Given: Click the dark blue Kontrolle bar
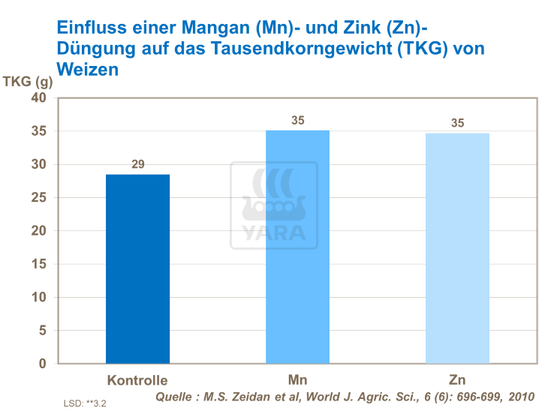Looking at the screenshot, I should click(137, 268).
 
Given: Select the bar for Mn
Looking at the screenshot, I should click(297, 247).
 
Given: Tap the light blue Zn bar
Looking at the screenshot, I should click(457, 248).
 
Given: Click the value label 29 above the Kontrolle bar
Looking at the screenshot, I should click(138, 163).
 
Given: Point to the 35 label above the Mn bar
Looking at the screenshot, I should click(297, 120).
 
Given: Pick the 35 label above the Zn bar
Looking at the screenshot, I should click(457, 123).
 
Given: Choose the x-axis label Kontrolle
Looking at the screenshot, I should click(137, 379).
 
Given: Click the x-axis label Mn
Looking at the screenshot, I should click(297, 379).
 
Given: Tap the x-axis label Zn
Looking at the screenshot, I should click(457, 379).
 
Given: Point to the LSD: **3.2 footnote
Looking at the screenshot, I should click(85, 403).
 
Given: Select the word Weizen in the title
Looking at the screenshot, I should click(88, 69).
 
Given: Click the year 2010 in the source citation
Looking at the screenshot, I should click(519, 396).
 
